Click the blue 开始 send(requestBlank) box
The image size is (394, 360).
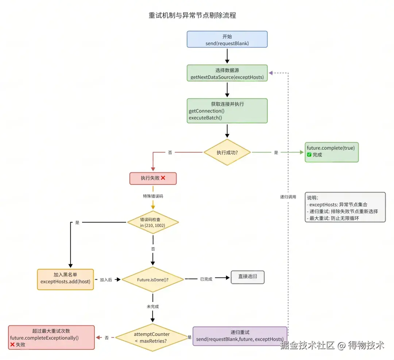[227, 39]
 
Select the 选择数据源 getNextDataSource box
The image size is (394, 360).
[227, 73]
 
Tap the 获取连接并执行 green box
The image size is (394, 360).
[227, 111]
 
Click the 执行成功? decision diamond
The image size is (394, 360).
[227, 152]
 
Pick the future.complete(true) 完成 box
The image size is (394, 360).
[332, 152]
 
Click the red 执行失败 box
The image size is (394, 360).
[153, 178]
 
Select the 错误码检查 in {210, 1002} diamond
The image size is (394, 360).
[153, 222]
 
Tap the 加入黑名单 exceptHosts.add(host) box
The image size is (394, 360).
[65, 279]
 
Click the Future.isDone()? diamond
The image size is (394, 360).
[153, 280]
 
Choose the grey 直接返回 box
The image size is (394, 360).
[247, 277]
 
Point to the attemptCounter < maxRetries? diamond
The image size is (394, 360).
[152, 337]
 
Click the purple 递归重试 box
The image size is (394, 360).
[240, 336]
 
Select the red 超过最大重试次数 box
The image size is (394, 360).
[51, 337]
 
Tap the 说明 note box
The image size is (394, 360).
[345, 207]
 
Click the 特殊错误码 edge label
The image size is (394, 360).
[153, 196]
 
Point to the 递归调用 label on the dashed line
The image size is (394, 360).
[288, 197]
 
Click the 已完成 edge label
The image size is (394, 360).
[206, 279]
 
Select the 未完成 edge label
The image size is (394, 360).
[153, 306]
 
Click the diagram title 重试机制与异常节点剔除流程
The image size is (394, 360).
[192, 15]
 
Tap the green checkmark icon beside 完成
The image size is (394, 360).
[309, 154]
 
